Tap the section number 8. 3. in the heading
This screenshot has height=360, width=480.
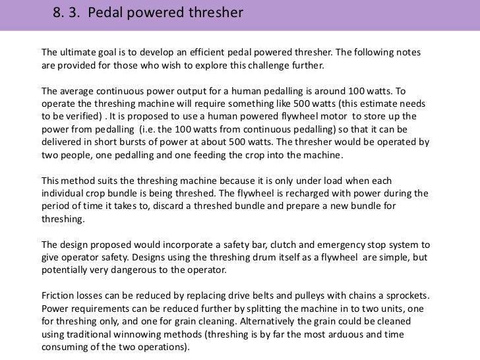tap(67, 12)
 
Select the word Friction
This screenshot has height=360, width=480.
tap(59, 295)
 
